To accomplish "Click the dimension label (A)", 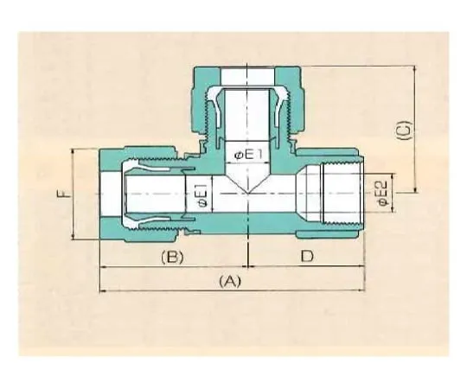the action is pos(229,281).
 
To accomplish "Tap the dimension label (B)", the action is pos(172,257).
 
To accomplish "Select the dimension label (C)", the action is pos(405,130).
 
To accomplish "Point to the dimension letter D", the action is pos(307,256).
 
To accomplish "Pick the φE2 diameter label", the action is pos(381,193).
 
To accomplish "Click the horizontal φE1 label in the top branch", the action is pos(248,155).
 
